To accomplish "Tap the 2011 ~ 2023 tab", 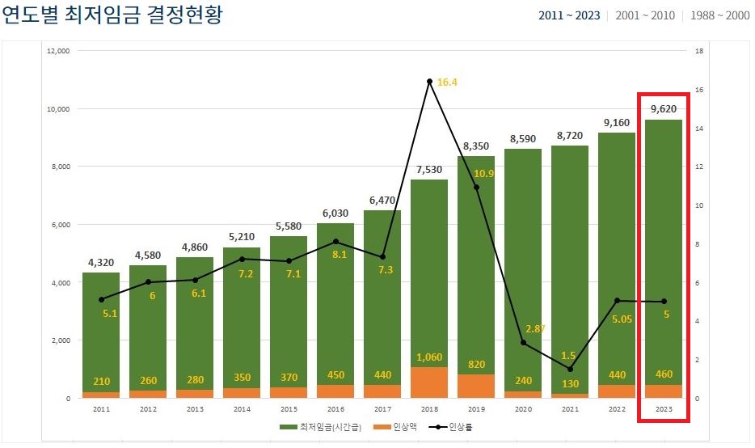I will pyautogui.click(x=569, y=16).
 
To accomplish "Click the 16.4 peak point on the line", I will pyautogui.click(x=429, y=82).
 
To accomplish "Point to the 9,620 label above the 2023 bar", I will pyautogui.click(x=663, y=109).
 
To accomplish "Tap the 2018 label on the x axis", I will pyautogui.click(x=429, y=409).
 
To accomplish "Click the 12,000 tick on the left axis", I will pyautogui.click(x=59, y=51).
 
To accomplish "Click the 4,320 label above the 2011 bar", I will pyautogui.click(x=101, y=262).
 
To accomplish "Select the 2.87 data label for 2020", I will pyautogui.click(x=536, y=328).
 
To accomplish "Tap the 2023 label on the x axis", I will pyautogui.click(x=663, y=409).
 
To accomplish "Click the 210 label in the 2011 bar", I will pyautogui.click(x=101, y=382).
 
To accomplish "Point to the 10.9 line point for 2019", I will pyautogui.click(x=476, y=188).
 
